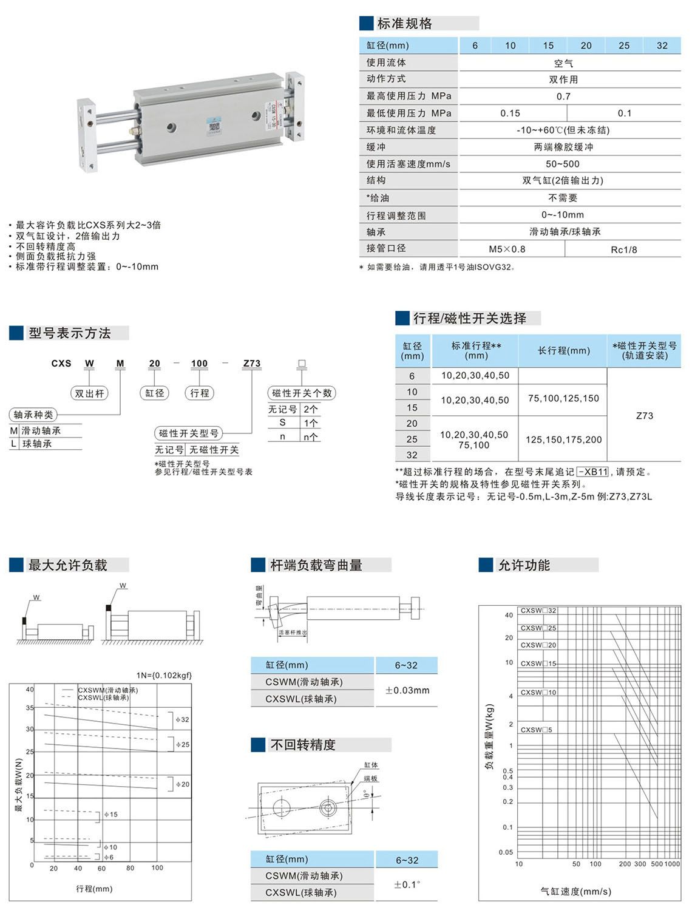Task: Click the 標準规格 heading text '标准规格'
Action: (x=404, y=24)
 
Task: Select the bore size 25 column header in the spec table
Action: (x=624, y=46)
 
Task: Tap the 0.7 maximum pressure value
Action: (x=563, y=97)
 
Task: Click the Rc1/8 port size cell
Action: (x=624, y=249)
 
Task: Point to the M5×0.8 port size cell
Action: (x=507, y=249)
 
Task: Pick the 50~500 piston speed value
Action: (x=563, y=164)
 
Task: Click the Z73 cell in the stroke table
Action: (x=645, y=416)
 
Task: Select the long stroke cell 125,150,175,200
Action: (x=563, y=440)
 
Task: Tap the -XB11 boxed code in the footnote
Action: (x=592, y=472)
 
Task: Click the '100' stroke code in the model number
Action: (x=199, y=364)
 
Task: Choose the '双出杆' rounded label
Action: (x=89, y=393)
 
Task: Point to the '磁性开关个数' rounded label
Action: (x=302, y=393)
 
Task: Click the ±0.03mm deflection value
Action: (x=407, y=690)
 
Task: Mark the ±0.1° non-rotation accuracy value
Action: (x=407, y=884)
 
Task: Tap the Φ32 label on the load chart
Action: (x=182, y=719)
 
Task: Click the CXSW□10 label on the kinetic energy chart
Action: (x=538, y=693)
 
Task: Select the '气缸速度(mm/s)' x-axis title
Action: (x=575, y=891)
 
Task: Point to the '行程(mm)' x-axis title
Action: (x=94, y=889)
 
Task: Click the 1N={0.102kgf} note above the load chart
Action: (x=164, y=675)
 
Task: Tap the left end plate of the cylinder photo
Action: (x=87, y=136)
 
